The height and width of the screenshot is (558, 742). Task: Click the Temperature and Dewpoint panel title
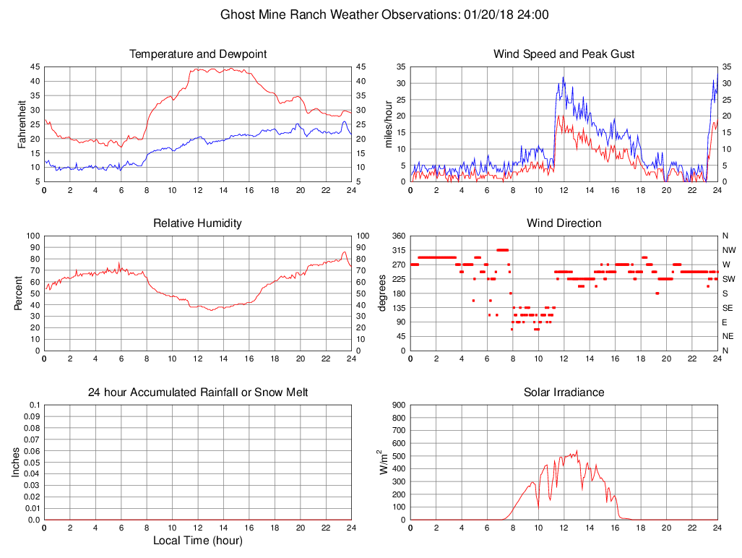pyautogui.click(x=198, y=54)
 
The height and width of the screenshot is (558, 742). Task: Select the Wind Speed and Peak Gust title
pyautogui.click(x=564, y=54)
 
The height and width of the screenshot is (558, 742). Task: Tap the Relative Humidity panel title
pyautogui.click(x=198, y=223)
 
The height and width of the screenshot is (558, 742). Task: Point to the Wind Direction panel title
pyautogui.click(x=564, y=223)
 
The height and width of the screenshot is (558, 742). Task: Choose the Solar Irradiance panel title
pyautogui.click(x=564, y=392)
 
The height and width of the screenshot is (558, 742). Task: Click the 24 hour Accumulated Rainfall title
pyautogui.click(x=198, y=392)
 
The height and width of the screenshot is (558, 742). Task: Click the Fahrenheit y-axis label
pyautogui.click(x=22, y=124)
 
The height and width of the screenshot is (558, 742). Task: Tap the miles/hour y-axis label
pyautogui.click(x=389, y=124)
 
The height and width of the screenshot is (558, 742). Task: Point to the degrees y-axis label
pyautogui.click(x=383, y=293)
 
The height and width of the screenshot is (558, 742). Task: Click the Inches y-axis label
pyautogui.click(x=17, y=462)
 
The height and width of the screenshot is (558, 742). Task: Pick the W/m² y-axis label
pyautogui.click(x=383, y=461)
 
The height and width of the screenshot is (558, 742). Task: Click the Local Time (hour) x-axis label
pyautogui.click(x=198, y=540)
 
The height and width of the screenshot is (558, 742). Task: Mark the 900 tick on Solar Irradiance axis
pyautogui.click(x=398, y=405)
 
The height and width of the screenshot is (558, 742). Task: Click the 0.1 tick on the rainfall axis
pyautogui.click(x=34, y=405)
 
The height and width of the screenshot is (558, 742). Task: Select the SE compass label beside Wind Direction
pyautogui.click(x=726, y=308)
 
